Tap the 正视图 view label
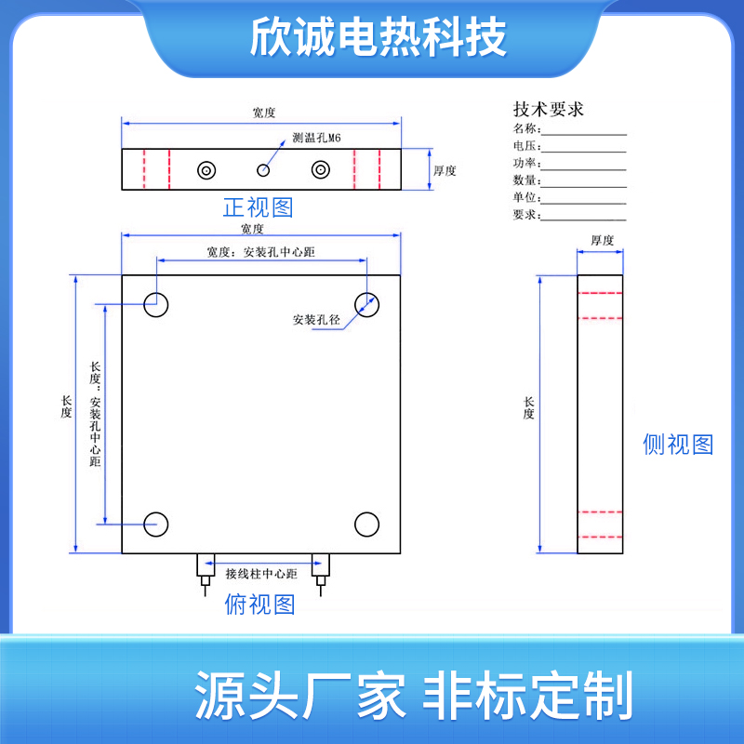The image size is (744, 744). [x=258, y=207]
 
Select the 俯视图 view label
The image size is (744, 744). [x=259, y=605]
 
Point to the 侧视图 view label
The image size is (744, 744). [x=678, y=445]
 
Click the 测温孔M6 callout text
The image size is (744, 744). [x=317, y=138]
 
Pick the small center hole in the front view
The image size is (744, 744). [x=264, y=169]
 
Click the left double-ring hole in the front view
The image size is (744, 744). [x=206, y=169]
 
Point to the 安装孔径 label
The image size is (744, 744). [x=316, y=319]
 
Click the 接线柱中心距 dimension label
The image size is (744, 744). [x=260, y=574]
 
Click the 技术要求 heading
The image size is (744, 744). [x=549, y=109]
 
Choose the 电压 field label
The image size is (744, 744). [x=525, y=146]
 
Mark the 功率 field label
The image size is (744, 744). [x=525, y=163]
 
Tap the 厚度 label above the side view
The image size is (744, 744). [x=602, y=241]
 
